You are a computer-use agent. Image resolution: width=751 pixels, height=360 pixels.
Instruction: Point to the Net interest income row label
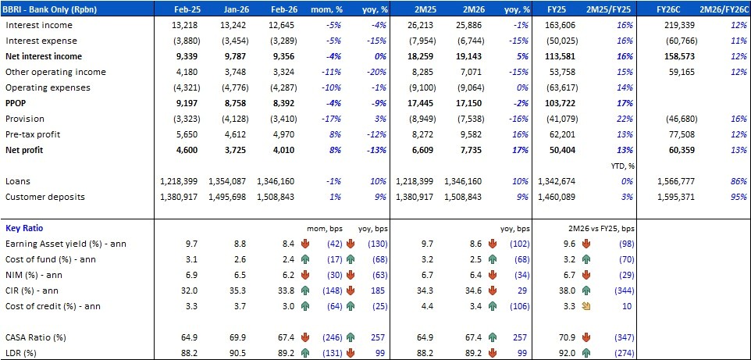(44, 56)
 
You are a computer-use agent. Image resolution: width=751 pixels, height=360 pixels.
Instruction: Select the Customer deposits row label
(45, 196)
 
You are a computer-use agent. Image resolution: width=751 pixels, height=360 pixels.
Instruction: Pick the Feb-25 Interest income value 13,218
(180, 25)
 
